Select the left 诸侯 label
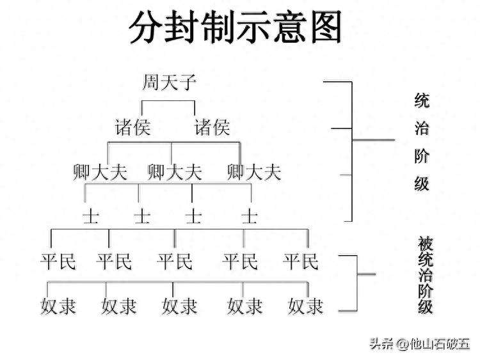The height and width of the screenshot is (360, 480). [x=132, y=127]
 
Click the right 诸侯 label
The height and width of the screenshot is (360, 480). [x=212, y=127]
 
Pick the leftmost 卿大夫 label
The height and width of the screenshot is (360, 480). [x=100, y=172]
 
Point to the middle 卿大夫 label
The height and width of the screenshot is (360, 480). [x=175, y=172]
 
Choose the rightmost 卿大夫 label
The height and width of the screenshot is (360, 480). [x=254, y=172]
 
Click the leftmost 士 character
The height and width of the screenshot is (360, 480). [x=90, y=215]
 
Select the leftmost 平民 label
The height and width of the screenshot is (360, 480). [x=58, y=261]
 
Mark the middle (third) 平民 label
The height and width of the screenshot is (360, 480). [x=175, y=261]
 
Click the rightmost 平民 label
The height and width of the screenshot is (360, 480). [x=300, y=261]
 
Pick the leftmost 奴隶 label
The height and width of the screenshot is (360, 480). [x=58, y=306]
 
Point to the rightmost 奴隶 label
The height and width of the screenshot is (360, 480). [x=305, y=306]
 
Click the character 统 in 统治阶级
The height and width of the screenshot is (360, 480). [x=421, y=100]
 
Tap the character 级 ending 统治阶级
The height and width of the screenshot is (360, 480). [x=421, y=185]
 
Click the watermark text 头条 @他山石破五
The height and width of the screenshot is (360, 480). [x=419, y=343]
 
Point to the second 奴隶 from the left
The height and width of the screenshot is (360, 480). [x=119, y=306]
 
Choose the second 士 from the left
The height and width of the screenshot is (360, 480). [x=141, y=215]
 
